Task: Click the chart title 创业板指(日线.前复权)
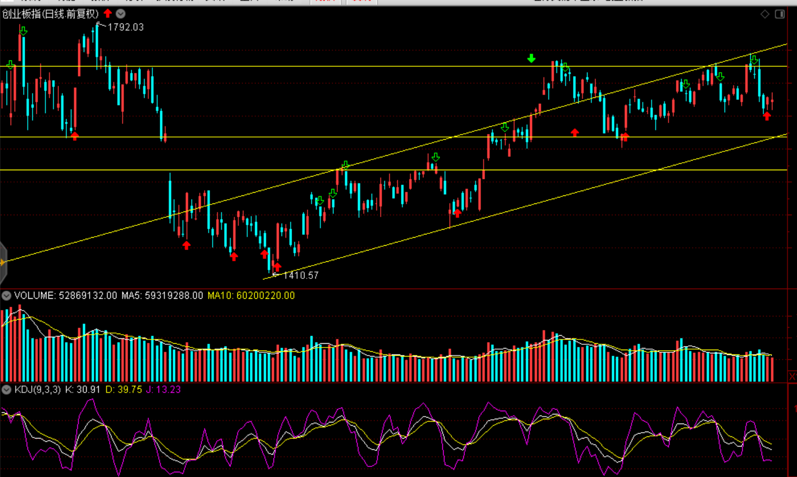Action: coord(50,14)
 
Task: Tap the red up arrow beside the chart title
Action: coord(108,13)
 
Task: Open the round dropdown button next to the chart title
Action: coord(121,14)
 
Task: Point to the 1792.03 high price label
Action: coord(125,27)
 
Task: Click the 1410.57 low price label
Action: coord(301,275)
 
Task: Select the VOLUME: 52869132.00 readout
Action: coord(65,296)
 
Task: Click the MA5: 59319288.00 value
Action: coord(162,296)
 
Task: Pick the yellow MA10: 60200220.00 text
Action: coord(251,296)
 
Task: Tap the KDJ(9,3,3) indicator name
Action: coord(38,390)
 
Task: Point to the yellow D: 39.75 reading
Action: coord(123,390)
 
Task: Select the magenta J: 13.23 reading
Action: coord(163,390)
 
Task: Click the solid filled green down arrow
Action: coord(531,58)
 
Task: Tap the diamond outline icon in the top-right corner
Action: coord(765,14)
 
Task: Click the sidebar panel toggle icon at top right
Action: coord(780,14)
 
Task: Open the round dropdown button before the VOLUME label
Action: coord(6,296)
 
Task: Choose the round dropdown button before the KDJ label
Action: coord(6,390)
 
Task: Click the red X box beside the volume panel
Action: coord(792,376)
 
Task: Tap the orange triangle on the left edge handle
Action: coord(3,262)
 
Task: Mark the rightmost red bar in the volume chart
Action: coord(772,369)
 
